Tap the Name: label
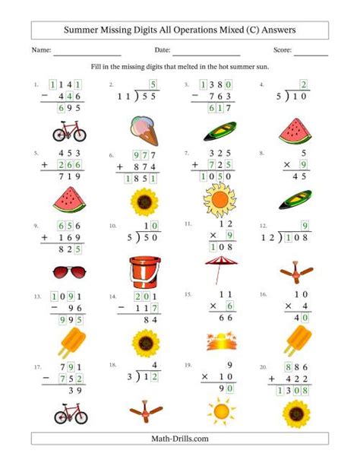pos(41,51)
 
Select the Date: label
pos(172,51)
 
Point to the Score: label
pos(283,51)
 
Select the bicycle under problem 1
pos(69,132)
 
